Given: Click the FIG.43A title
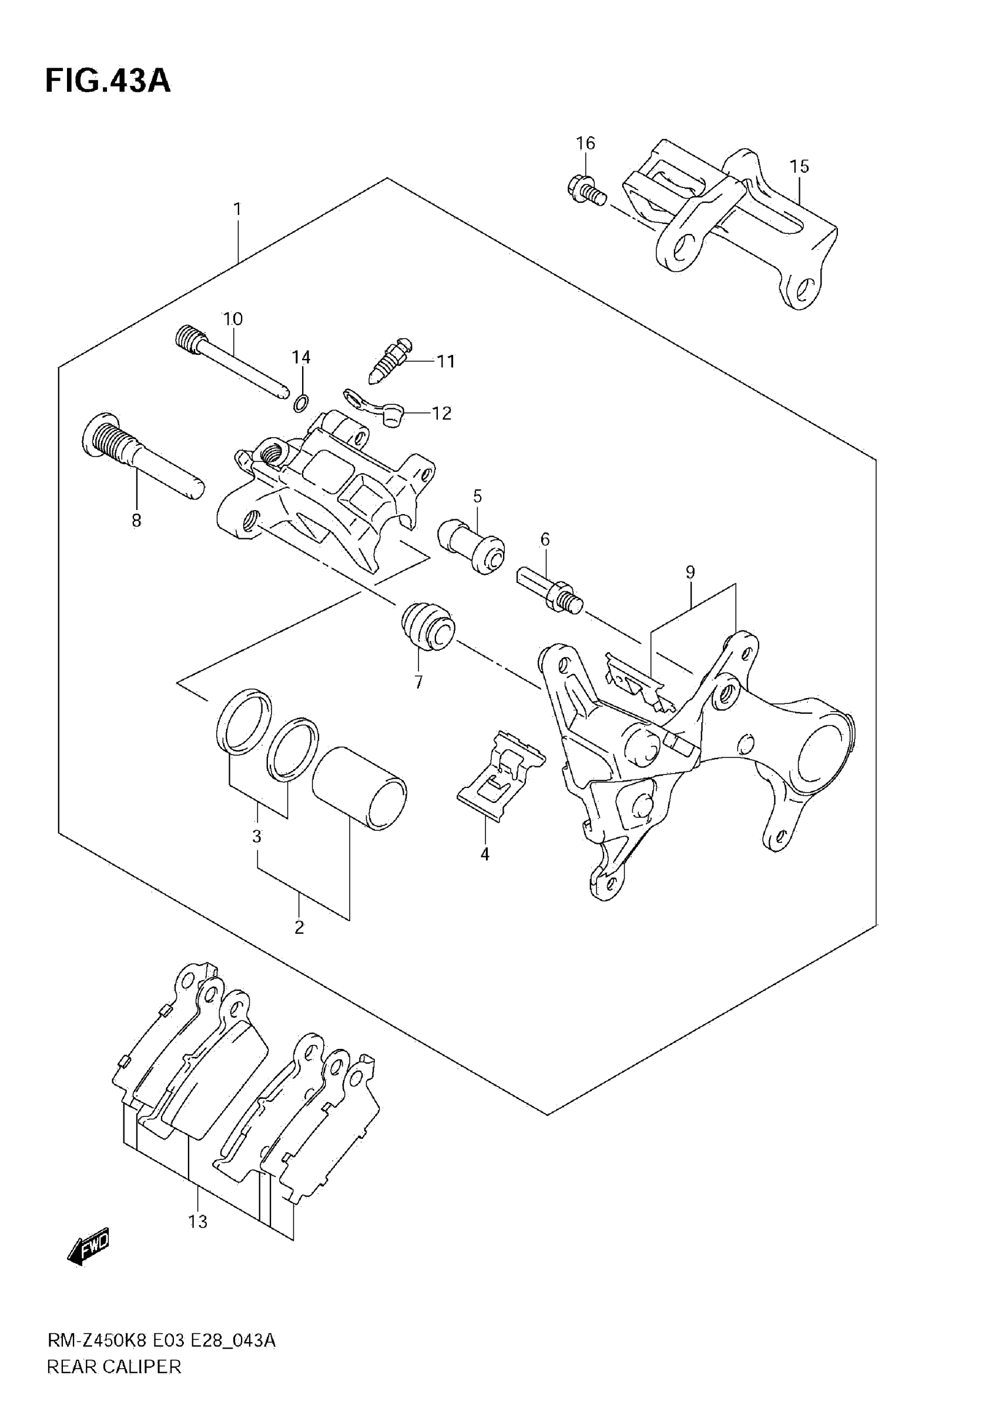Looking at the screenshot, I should point(108,81).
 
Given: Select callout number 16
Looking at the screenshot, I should point(585,143).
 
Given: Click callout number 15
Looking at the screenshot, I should point(799,166).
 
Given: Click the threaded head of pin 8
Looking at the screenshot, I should point(106,438).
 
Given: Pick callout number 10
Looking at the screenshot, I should point(233,319).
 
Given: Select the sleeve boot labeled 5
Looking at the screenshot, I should point(471,545).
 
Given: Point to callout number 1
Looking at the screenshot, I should point(237,210).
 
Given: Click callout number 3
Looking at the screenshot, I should point(257,836).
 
